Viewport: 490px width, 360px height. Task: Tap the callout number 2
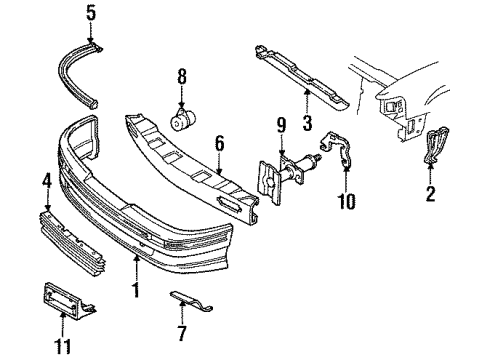(x=431, y=195)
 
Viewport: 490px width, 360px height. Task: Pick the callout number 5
(x=90, y=14)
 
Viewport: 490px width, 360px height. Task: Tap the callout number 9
(x=282, y=126)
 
